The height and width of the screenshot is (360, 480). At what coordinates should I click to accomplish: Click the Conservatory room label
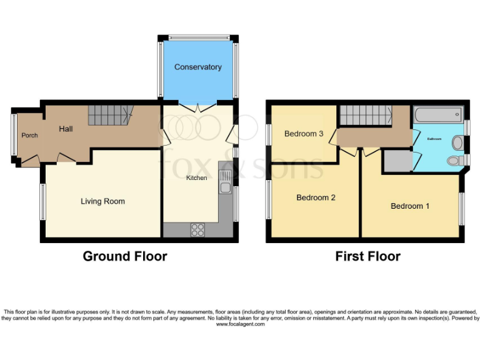(197, 67)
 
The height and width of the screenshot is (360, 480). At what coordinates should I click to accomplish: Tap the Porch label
(29, 136)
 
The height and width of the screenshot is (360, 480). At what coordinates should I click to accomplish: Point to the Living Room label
(102, 201)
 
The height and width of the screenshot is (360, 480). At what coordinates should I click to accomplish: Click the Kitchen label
(196, 178)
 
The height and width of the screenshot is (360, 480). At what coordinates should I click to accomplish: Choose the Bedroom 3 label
(303, 134)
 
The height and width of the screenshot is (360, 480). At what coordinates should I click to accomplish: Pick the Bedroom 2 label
(316, 197)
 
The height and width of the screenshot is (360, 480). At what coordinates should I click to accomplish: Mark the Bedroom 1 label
(410, 206)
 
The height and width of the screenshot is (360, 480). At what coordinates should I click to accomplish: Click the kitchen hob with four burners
(198, 229)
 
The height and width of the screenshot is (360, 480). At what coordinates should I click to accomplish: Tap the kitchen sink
(225, 182)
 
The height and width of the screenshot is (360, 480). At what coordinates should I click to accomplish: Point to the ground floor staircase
(110, 114)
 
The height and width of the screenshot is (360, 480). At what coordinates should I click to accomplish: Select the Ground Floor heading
(125, 256)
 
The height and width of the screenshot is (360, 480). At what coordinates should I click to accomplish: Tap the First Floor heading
(367, 256)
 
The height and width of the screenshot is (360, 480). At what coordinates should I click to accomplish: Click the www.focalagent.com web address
(240, 324)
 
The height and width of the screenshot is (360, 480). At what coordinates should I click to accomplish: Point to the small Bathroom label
(434, 139)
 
